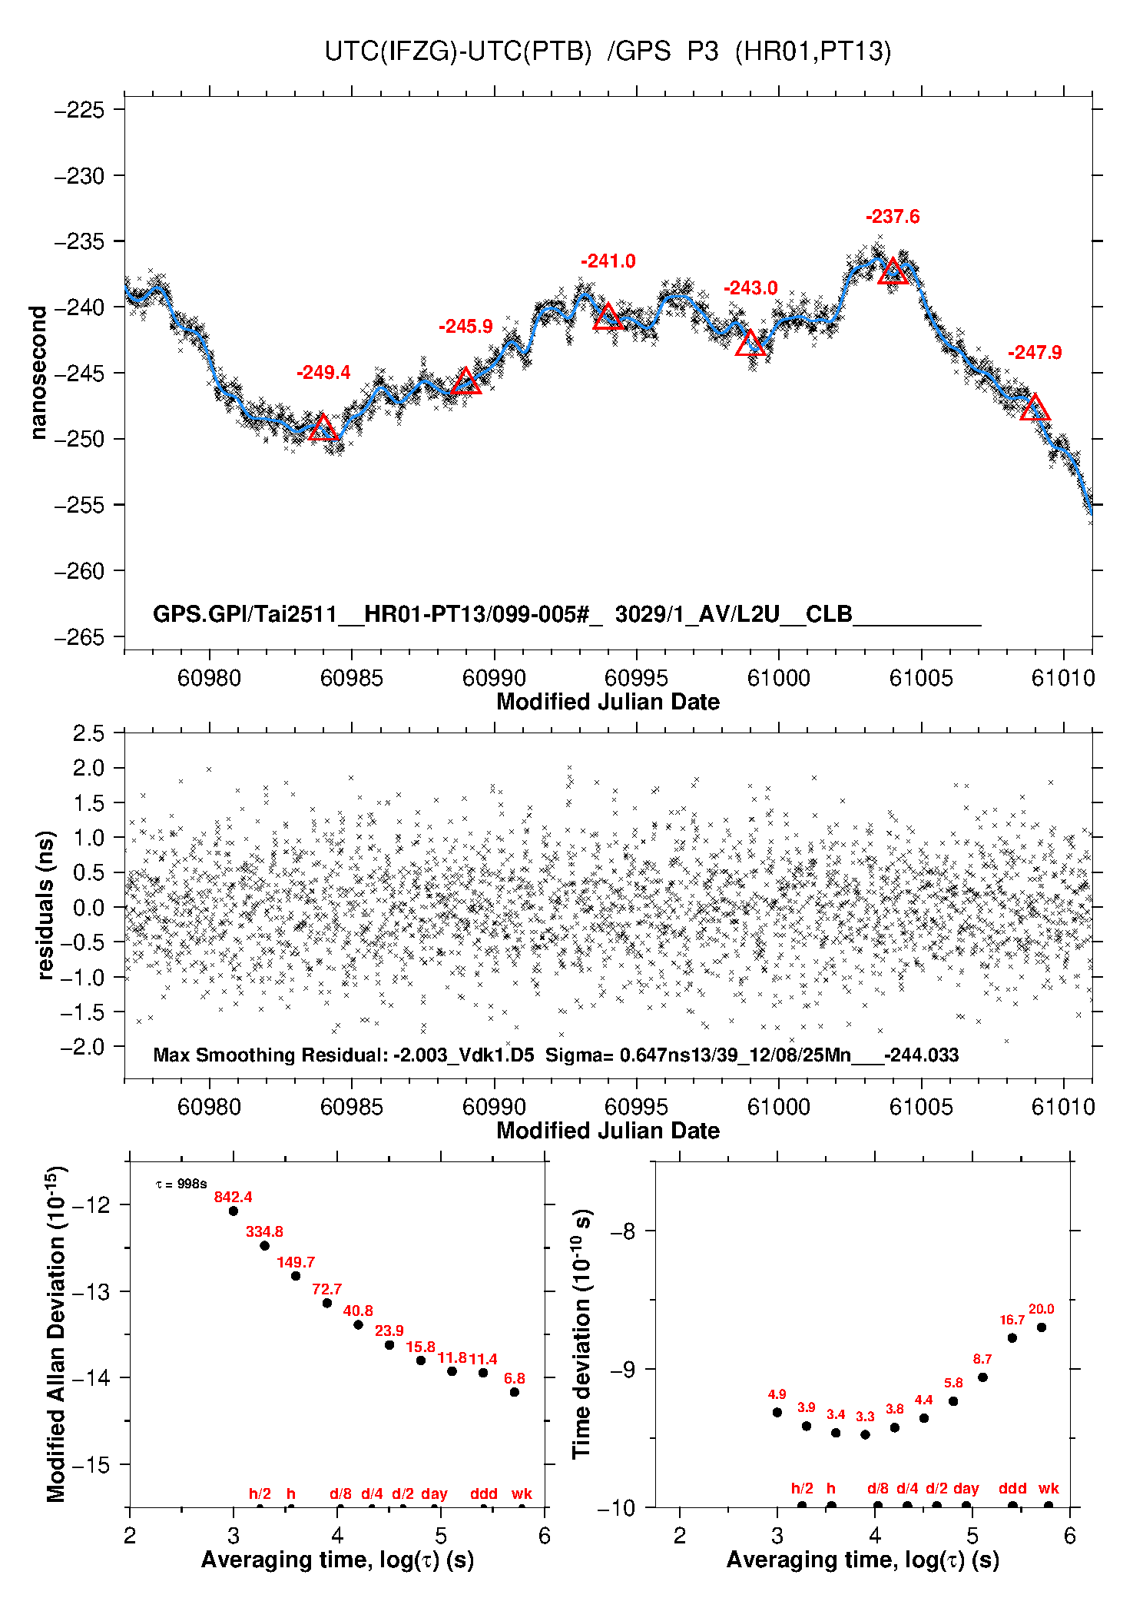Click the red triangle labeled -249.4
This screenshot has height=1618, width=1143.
[323, 428]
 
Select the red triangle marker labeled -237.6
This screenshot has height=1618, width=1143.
[893, 271]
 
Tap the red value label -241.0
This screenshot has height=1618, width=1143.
[608, 261]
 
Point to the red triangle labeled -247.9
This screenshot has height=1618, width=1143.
[1035, 408]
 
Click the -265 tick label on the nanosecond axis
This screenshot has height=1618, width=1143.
[79, 637]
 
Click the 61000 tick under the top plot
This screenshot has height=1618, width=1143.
[778, 678]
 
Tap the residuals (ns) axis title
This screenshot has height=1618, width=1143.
[45, 905]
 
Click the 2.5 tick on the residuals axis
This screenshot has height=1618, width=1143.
[88, 733]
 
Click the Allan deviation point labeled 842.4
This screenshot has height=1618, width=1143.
[234, 1211]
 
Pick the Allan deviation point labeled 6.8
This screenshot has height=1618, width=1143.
[515, 1392]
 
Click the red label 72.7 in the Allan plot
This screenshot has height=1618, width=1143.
[326, 1289]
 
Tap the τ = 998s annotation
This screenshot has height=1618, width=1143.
[181, 1184]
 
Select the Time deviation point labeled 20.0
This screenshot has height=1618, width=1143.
[1042, 1327]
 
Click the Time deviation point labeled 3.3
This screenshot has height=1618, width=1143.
[865, 1434]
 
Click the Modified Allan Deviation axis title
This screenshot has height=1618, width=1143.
[55, 1334]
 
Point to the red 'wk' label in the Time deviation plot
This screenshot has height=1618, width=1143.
[1049, 1489]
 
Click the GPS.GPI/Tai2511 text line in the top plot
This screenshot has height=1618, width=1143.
[567, 615]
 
